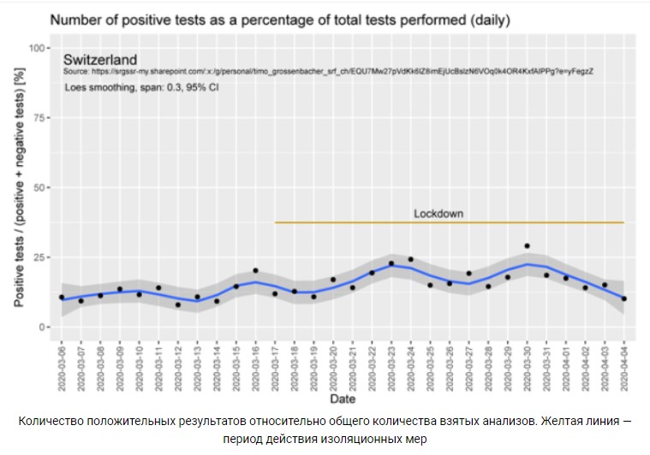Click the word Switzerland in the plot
(100, 60)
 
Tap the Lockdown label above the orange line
(438, 213)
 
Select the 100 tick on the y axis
(37, 48)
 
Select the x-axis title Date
(343, 399)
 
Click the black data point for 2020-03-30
(527, 246)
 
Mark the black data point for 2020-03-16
(255, 270)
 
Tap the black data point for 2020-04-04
(624, 298)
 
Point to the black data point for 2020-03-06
(62, 297)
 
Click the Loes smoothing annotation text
(141, 87)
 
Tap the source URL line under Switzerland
(329, 73)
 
